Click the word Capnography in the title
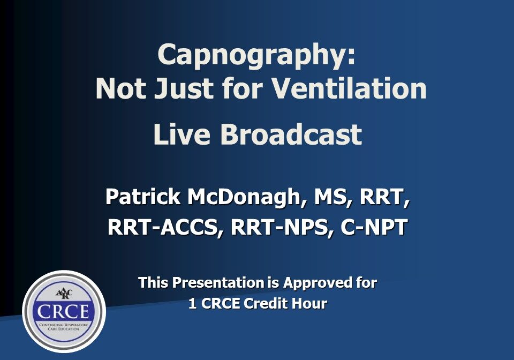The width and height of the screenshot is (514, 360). click(252, 56)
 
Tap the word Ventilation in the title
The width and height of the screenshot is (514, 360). click(350, 88)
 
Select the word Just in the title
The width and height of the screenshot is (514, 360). click(184, 88)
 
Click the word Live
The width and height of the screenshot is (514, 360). click(182, 134)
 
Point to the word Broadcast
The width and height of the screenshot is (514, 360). click(291, 134)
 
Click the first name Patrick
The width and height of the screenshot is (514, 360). click(142, 197)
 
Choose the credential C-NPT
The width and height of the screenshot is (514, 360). click(374, 227)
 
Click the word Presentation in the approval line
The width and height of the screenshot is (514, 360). click(218, 283)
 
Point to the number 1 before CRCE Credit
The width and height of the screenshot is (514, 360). click(193, 304)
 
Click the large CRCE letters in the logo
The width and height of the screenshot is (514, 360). click(63, 312)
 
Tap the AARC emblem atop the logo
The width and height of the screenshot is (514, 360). click(64, 293)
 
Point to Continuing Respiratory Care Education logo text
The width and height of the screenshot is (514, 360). click(64, 327)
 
